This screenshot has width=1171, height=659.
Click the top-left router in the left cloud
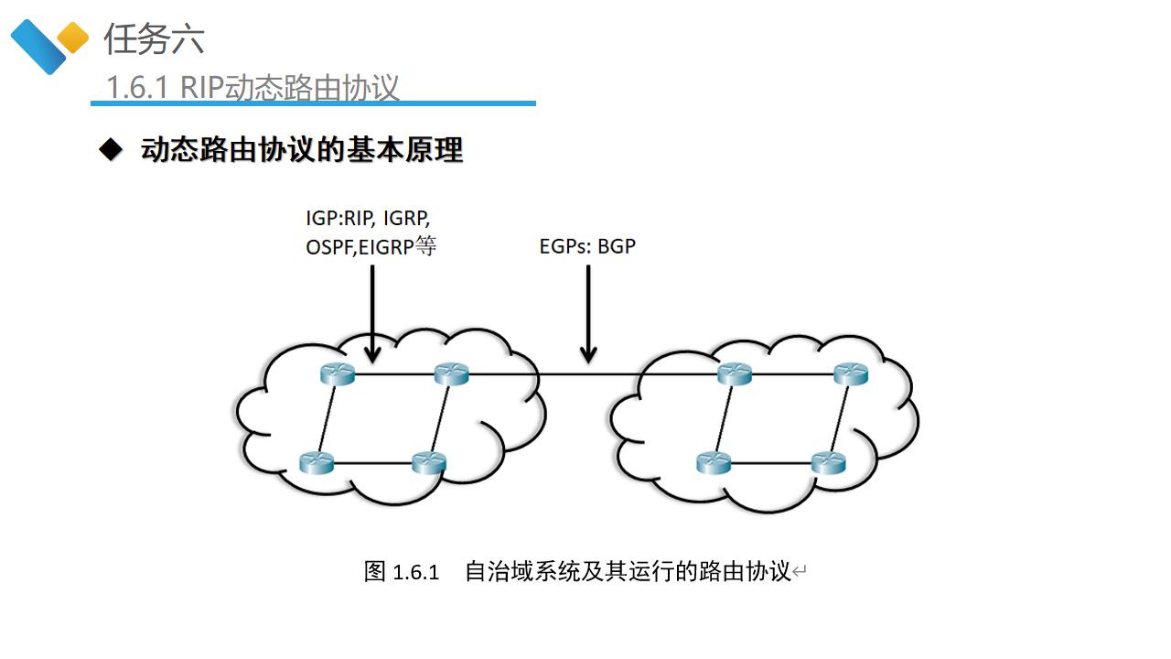click(x=338, y=373)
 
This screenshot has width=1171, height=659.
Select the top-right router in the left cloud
click(x=451, y=373)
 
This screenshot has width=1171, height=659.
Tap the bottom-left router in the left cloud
click(x=317, y=462)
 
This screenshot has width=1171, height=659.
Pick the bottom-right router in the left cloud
click(x=429, y=462)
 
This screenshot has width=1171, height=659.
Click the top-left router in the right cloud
click(x=735, y=373)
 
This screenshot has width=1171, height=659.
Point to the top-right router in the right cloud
click(x=850, y=373)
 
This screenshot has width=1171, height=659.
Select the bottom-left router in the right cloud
click(x=714, y=462)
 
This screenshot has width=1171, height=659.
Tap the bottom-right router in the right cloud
click(x=829, y=462)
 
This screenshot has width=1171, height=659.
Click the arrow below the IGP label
click(x=372, y=311)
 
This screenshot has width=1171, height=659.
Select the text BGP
click(x=616, y=246)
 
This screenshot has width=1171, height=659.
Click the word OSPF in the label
click(x=326, y=246)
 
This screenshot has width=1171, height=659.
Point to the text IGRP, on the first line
click(x=406, y=220)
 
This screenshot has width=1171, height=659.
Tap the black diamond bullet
click(x=111, y=150)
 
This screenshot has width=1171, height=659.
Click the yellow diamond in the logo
click(x=73, y=38)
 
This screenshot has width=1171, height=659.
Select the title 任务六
click(x=154, y=39)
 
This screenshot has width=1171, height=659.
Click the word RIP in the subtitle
click(x=201, y=88)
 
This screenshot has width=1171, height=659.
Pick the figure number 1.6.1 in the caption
click(x=416, y=573)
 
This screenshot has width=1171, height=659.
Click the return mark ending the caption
click(x=800, y=573)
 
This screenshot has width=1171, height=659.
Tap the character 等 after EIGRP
click(x=425, y=245)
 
